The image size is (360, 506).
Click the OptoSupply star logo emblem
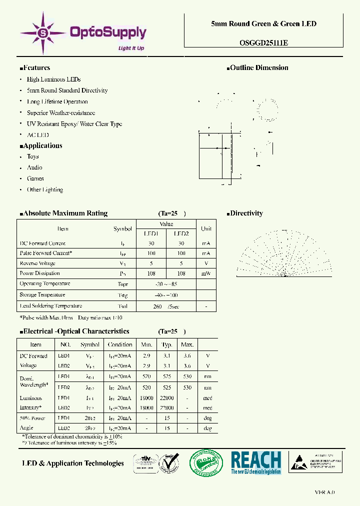(43, 33)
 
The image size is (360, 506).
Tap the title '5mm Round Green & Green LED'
(263, 23)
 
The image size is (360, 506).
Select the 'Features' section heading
(36, 68)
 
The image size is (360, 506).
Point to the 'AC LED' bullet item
(38, 135)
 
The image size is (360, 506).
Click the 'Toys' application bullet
(33, 156)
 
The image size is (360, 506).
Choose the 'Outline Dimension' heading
(258, 68)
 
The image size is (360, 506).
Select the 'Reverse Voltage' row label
(37, 263)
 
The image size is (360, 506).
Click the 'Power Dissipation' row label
(40, 273)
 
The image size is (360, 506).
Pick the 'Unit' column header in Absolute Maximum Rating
(206, 228)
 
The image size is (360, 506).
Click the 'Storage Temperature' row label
(42, 295)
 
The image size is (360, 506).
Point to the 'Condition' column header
(120, 344)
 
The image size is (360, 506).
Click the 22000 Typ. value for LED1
(166, 398)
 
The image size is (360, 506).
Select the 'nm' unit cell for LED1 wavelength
(207, 376)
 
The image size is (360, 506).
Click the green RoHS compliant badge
(205, 462)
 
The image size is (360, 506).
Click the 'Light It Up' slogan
(131, 48)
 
